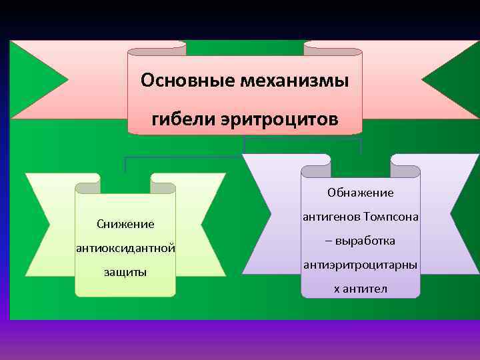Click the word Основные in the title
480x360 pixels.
[x=177, y=81]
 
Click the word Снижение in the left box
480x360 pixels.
[x=125, y=224]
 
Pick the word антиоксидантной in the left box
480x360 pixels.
[x=126, y=248]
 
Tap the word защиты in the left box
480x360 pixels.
[x=125, y=272]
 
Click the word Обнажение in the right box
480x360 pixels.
[x=361, y=193]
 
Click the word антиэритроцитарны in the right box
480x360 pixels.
[x=361, y=265]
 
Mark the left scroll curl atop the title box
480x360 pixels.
[x=157, y=48]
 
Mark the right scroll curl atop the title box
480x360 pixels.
[x=333, y=48]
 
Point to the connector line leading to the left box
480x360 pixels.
[x=125, y=164]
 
